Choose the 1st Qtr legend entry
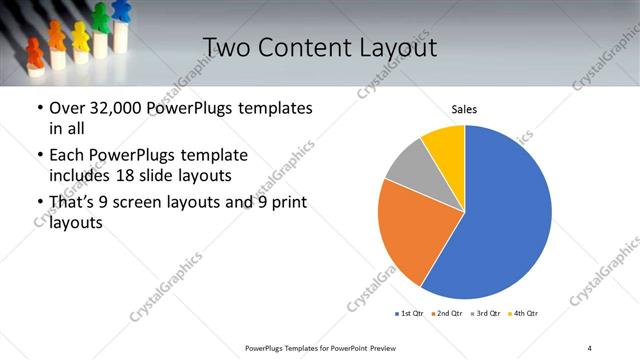(409, 314)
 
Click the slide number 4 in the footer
(590, 347)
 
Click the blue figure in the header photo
(121, 13)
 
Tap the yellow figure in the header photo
(80, 36)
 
